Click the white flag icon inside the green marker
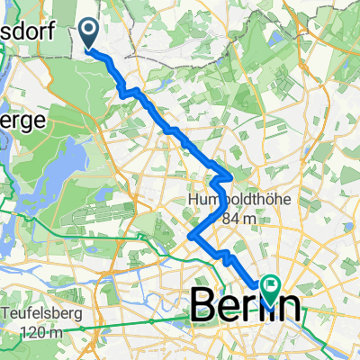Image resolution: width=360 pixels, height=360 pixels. (x=272, y=287)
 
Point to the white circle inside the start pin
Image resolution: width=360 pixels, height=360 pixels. (x=90, y=31)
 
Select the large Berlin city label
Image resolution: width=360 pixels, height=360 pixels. (x=246, y=307)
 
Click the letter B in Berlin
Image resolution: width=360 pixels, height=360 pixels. (x=204, y=307)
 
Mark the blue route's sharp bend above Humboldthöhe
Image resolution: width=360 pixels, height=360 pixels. (x=232, y=175)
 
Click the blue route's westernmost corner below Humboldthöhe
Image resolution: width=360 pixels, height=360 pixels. (x=191, y=236)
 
